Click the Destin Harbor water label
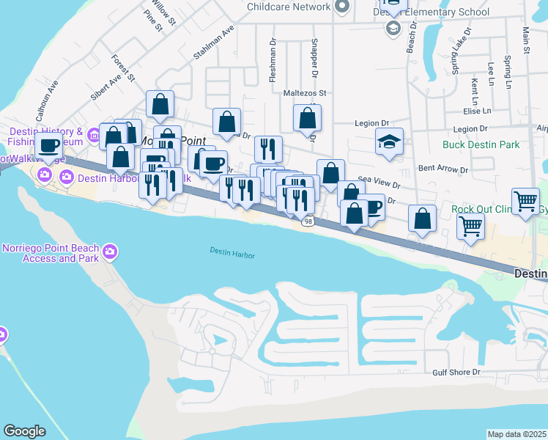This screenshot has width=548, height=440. pyautogui.click(x=232, y=252)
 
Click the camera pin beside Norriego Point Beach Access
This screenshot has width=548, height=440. pyautogui.click(x=111, y=253)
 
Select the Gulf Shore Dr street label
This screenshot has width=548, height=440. pyautogui.click(x=456, y=373)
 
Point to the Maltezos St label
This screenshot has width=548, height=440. pyautogui.click(x=304, y=93)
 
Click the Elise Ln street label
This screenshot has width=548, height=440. pyautogui.click(x=477, y=111)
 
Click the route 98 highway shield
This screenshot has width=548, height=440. pyautogui.click(x=308, y=221)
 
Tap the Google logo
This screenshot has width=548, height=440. pyautogui.click(x=24, y=431)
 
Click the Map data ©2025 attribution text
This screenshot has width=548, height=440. pyautogui.click(x=516, y=434)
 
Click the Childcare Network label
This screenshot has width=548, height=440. pyautogui.click(x=289, y=7)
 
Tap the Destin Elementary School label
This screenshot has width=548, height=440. pyautogui.click(x=441, y=12)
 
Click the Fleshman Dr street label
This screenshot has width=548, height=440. pyautogui.click(x=272, y=59)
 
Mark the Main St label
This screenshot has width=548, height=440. pyautogui.click(x=525, y=40)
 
